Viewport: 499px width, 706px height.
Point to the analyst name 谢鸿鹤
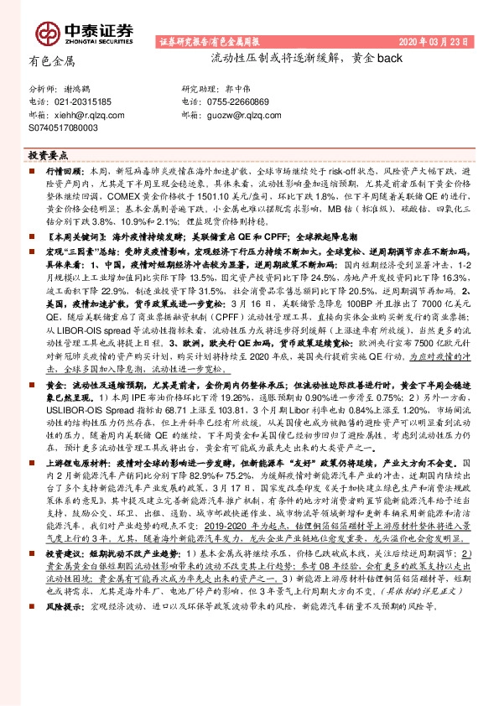pos(79,88)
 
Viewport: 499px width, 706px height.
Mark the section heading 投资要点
pos(46,156)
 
